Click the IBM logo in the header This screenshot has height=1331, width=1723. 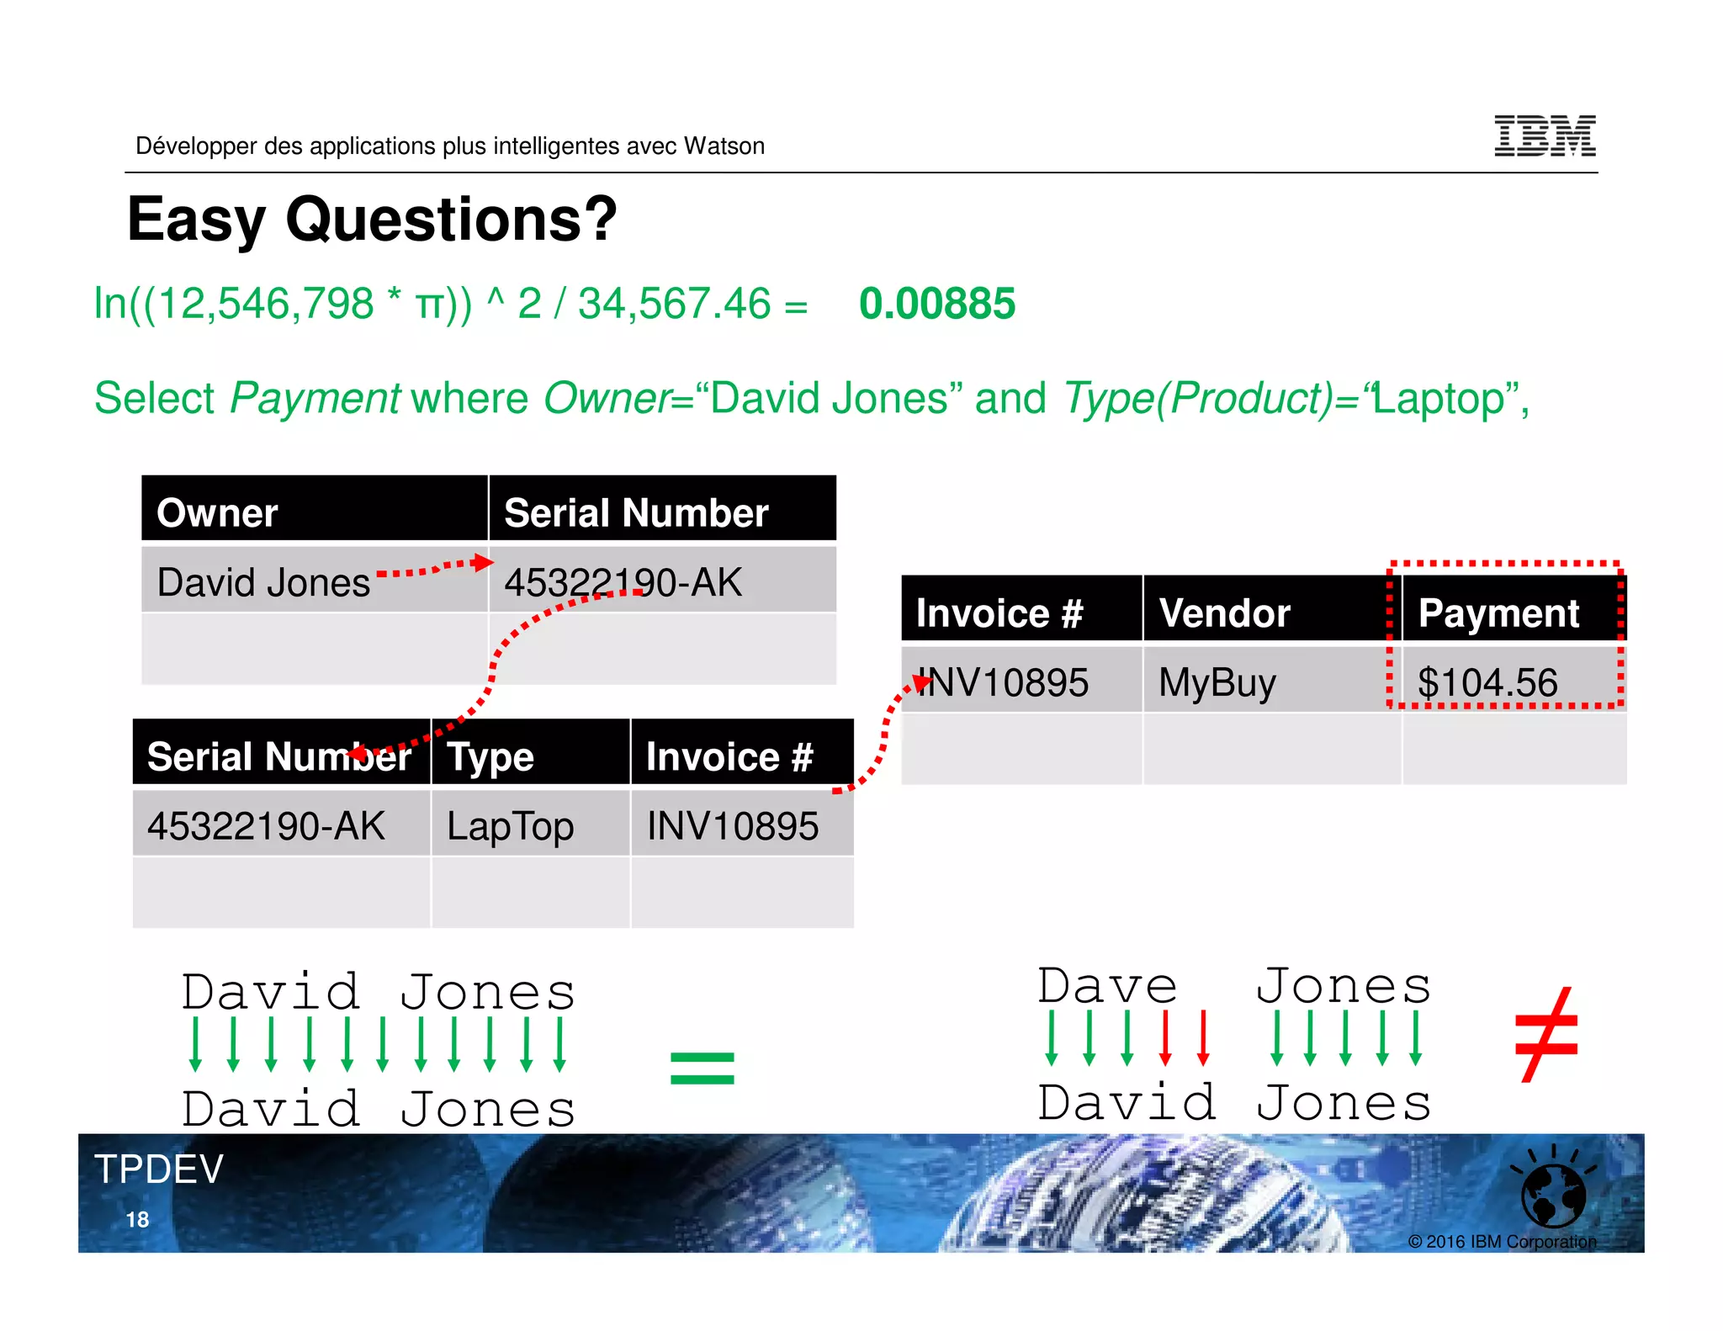pyautogui.click(x=1545, y=136)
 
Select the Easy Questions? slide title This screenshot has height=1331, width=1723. pyautogui.click(x=372, y=219)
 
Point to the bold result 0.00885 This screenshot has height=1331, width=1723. pyautogui.click(x=936, y=304)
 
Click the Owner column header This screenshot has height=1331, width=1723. pyautogui.click(x=217, y=512)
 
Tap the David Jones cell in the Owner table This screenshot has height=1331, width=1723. pyautogui.click(x=263, y=582)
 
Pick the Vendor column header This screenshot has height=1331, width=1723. pyautogui.click(x=1224, y=612)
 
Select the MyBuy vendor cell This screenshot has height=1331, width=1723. pyautogui.click(x=1217, y=682)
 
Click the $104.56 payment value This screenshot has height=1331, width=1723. pyautogui.click(x=1487, y=682)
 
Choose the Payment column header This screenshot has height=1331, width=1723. pyautogui.click(x=1498, y=612)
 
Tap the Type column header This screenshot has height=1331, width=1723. pyautogui.click(x=490, y=756)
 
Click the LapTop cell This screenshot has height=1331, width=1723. pyautogui.click(x=510, y=826)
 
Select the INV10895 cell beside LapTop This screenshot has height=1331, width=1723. pyautogui.click(x=732, y=826)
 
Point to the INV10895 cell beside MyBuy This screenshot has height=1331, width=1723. pyautogui.click(x=1003, y=682)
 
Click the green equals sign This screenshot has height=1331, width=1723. pyautogui.click(x=702, y=1069)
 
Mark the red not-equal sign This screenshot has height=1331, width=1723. pyautogui.click(x=1545, y=1035)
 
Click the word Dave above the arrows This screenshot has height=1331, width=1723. pyautogui.click(x=1106, y=986)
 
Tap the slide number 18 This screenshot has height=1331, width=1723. pyautogui.click(x=137, y=1220)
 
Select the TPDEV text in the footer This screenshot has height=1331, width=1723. pyautogui.click(x=159, y=1169)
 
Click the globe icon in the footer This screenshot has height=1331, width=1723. pyautogui.click(x=1553, y=1195)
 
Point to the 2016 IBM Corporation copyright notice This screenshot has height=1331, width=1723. pyautogui.click(x=1502, y=1242)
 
